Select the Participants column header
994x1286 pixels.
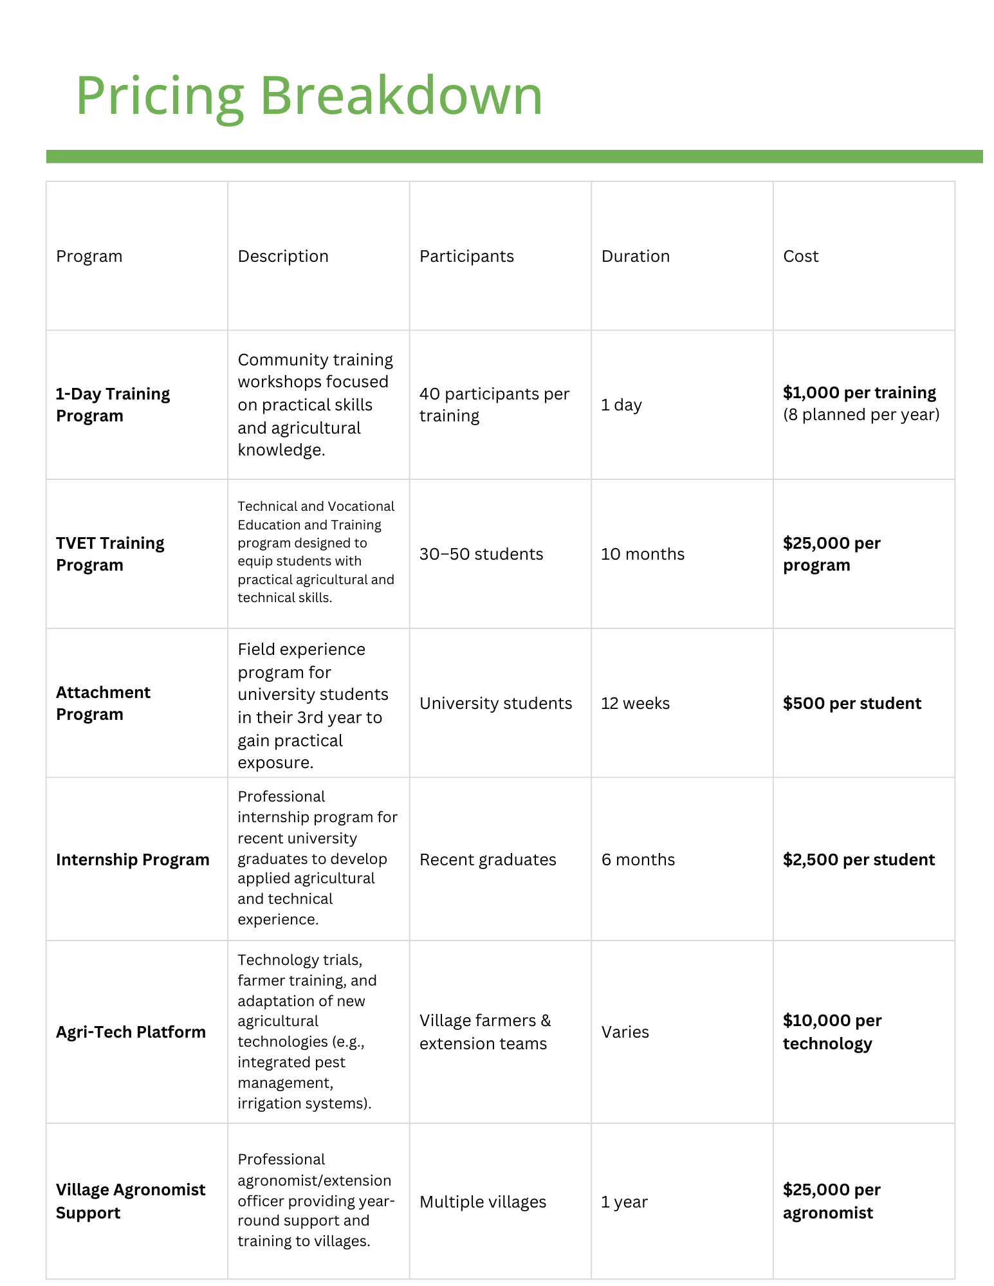(x=466, y=256)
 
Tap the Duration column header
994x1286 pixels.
(x=635, y=256)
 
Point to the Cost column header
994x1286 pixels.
(x=800, y=256)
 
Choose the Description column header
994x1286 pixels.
(x=283, y=256)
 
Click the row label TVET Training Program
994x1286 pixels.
(x=110, y=554)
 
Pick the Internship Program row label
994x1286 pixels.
(x=133, y=859)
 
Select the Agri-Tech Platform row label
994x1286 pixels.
(x=131, y=1032)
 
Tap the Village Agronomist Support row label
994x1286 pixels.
(x=131, y=1201)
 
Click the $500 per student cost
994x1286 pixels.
(x=852, y=703)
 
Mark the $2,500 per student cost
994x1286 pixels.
(x=858, y=859)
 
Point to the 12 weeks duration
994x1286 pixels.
(x=635, y=703)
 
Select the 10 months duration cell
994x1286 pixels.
(x=643, y=554)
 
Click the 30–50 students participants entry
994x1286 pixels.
(x=481, y=554)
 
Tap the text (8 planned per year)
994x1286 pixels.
(x=861, y=415)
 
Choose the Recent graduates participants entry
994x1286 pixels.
(x=488, y=859)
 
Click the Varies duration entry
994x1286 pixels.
(x=625, y=1032)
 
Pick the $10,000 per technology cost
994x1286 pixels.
(x=832, y=1032)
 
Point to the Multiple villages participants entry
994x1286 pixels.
(x=483, y=1202)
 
